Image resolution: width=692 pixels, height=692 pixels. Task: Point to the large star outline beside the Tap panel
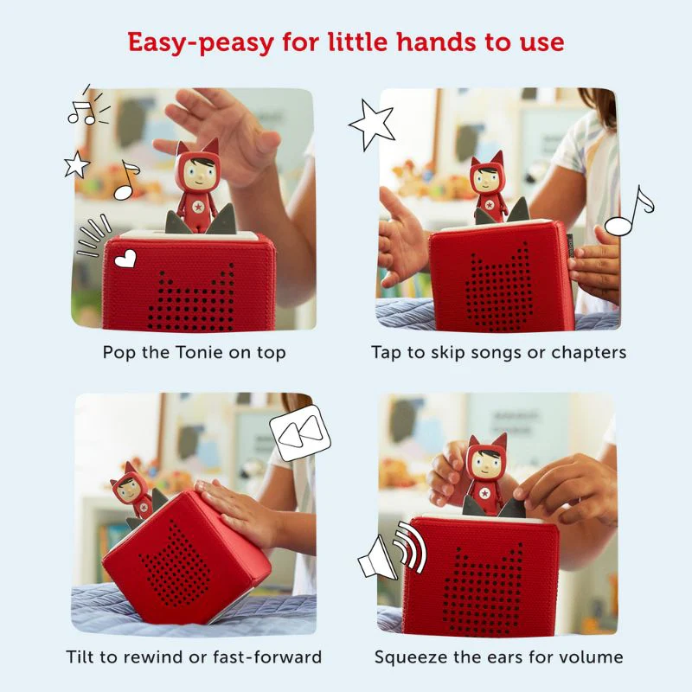pyautogui.click(x=372, y=124)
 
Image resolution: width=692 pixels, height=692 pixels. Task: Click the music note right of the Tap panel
pyautogui.click(x=629, y=212)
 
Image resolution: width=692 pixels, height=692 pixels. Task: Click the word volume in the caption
pyautogui.click(x=593, y=657)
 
